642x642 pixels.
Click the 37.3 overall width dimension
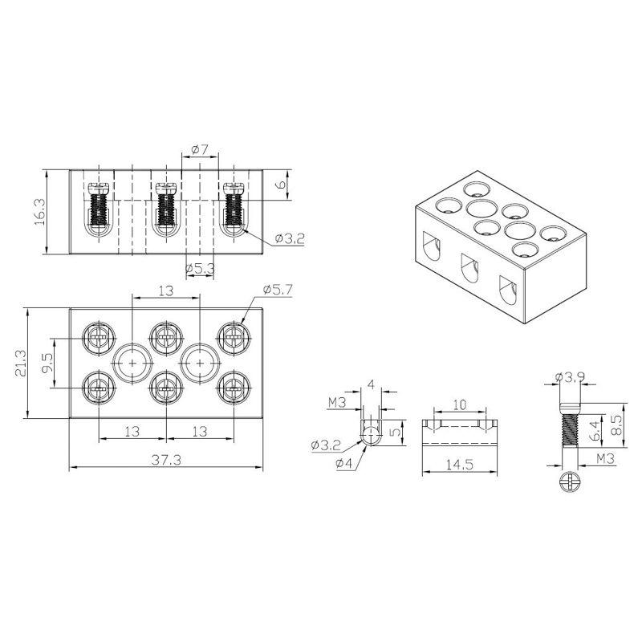pyautogui.click(x=166, y=460)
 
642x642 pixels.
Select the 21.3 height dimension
pyautogui.click(x=21, y=364)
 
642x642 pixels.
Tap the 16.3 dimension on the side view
pyautogui.click(x=40, y=212)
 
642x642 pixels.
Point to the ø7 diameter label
pyautogui.click(x=200, y=150)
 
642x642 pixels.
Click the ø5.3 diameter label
pyautogui.click(x=200, y=269)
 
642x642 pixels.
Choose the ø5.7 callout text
pyautogui.click(x=278, y=290)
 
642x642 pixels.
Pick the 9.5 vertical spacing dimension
pyautogui.click(x=47, y=363)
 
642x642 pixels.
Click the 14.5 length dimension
pyautogui.click(x=460, y=465)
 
